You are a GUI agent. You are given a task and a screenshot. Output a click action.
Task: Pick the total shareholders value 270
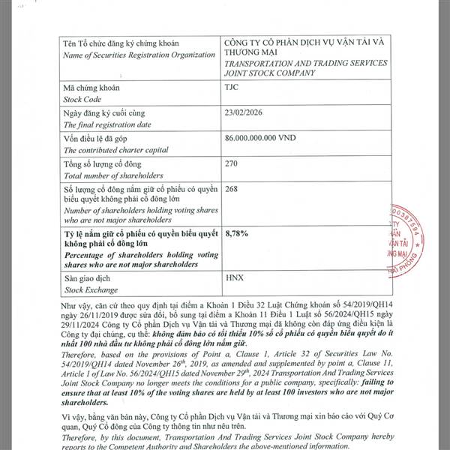(232, 163)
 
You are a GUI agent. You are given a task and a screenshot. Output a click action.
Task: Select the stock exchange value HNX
(235, 277)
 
